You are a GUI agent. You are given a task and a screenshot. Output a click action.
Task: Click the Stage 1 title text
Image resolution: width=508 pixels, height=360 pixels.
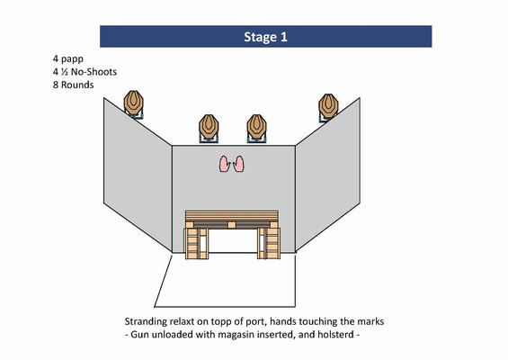coord(265,37)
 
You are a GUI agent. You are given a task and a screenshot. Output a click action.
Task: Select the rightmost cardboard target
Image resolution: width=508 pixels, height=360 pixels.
coord(328,106)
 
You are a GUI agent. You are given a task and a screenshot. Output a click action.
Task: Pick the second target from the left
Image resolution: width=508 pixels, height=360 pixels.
coord(209,127)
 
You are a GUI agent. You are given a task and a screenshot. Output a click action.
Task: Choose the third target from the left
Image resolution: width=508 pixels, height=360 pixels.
coord(256,127)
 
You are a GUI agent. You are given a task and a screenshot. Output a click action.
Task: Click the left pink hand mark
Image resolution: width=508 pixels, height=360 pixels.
coord(225,164)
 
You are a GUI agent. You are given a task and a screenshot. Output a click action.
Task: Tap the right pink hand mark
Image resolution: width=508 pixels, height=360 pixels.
coord(239,164)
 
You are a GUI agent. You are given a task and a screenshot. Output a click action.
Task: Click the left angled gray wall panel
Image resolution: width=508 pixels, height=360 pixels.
coord(138,175)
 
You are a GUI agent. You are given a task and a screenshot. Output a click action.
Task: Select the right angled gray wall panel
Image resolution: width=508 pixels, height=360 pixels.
coord(327,175)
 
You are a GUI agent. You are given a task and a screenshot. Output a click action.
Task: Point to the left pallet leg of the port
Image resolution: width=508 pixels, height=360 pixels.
coord(197,243)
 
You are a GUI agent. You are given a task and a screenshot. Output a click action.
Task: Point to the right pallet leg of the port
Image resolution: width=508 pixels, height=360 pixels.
coord(269,243)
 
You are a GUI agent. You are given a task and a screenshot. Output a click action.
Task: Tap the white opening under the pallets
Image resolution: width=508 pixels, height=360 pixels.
coord(233,240)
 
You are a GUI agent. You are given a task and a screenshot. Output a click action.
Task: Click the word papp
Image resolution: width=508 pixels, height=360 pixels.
coord(72,59)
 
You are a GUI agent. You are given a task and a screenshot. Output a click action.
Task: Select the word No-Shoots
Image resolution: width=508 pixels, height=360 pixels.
coord(94,72)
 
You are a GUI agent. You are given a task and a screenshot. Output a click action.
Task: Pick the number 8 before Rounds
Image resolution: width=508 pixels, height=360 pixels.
coord(56,85)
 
